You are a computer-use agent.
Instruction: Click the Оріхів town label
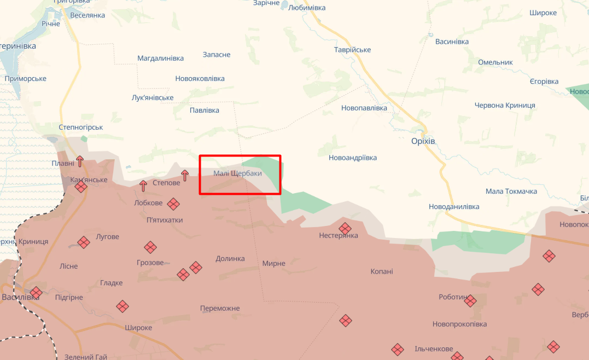click(423, 141)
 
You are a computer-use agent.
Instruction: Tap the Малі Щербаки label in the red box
click(237, 173)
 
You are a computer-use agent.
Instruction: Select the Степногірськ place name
click(81, 127)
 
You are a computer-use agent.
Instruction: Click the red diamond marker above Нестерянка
click(345, 228)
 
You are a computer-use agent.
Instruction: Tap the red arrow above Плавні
click(80, 161)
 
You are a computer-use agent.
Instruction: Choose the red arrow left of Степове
click(143, 185)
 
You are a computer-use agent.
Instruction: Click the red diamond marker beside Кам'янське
click(81, 187)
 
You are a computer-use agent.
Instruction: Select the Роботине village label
click(453, 297)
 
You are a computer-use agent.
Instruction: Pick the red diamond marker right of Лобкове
click(173, 204)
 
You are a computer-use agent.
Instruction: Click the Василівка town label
click(21, 298)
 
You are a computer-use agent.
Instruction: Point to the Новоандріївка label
click(352, 158)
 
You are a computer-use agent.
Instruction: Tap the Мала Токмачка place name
click(511, 191)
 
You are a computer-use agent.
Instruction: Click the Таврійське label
click(352, 50)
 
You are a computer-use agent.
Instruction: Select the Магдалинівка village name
click(160, 58)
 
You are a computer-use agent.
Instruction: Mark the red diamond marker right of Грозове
click(183, 275)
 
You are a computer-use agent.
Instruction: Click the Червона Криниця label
click(504, 106)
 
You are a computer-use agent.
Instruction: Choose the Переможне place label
click(220, 309)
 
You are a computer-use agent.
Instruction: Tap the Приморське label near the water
click(25, 79)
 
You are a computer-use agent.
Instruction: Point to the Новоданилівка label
click(454, 207)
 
